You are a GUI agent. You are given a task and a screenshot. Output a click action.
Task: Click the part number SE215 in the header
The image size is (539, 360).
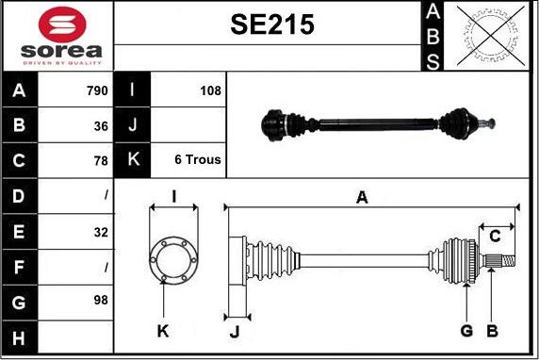click(x=272, y=25)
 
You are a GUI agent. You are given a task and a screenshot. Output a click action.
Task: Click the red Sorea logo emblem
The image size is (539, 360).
click(x=62, y=25)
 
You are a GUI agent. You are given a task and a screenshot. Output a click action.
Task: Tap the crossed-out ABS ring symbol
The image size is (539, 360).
click(x=491, y=36)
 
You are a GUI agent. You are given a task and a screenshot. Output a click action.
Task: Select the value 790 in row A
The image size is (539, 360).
click(x=98, y=90)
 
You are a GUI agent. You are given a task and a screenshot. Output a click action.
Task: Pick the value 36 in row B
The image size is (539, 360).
click(x=101, y=126)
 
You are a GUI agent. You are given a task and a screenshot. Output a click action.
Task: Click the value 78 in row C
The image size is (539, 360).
click(x=101, y=160)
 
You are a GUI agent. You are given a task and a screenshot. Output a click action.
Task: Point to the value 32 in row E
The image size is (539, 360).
click(x=101, y=233)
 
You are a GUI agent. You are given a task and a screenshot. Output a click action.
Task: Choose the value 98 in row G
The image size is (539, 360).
click(x=101, y=300)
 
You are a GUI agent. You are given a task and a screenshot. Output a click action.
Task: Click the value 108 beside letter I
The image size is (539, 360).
click(x=211, y=90)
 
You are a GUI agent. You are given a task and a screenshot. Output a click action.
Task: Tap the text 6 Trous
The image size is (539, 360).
click(x=198, y=159)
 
